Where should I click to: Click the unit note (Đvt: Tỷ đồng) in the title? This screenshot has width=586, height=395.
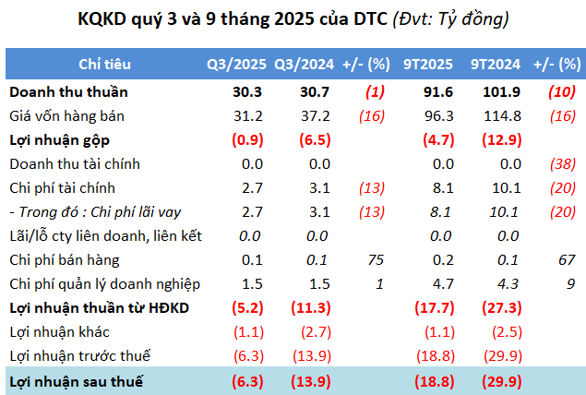(450, 18)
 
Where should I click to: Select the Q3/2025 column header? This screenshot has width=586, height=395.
(236, 65)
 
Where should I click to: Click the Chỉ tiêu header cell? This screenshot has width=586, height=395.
(104, 65)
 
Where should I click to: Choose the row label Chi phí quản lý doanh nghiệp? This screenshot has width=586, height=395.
(104, 283)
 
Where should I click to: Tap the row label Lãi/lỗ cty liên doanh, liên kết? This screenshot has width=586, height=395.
(104, 236)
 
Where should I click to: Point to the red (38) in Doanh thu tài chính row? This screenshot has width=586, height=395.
(559, 164)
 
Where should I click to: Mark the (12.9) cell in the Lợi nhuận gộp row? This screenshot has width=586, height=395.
(499, 140)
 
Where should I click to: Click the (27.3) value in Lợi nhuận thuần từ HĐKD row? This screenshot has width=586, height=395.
(499, 307)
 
